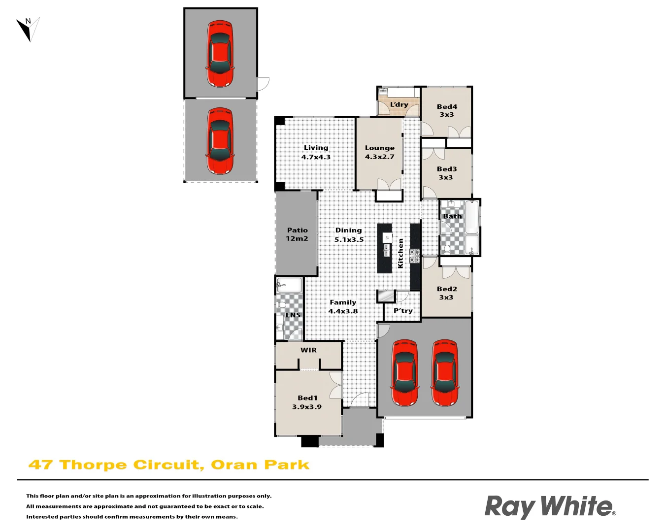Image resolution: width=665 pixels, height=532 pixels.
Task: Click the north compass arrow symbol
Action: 28,29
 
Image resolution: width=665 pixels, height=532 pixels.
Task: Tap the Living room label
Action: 316,152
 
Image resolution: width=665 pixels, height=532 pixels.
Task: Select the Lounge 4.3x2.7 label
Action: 379,152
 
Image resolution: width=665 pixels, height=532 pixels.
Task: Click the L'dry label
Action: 399,104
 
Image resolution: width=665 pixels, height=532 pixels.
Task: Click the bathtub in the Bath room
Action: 471,217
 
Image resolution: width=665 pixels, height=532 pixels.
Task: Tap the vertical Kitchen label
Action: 400,253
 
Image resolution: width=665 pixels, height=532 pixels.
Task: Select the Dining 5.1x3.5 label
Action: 349,235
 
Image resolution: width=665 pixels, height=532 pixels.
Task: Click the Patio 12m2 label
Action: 297,234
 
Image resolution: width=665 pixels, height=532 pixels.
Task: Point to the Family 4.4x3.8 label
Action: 343,307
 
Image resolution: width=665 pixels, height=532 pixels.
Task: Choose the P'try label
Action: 403,311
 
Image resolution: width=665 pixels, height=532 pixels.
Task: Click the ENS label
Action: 293,315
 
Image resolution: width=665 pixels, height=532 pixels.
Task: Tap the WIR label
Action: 308,350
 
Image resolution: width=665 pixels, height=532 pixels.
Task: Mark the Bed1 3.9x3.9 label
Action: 307,402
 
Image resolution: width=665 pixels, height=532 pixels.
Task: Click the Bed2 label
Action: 447,293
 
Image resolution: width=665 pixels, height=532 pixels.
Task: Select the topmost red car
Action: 220,53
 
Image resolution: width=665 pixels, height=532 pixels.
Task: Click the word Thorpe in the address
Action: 93,465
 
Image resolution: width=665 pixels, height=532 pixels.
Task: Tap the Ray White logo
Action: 550,507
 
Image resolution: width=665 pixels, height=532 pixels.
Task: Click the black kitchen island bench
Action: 385,248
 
